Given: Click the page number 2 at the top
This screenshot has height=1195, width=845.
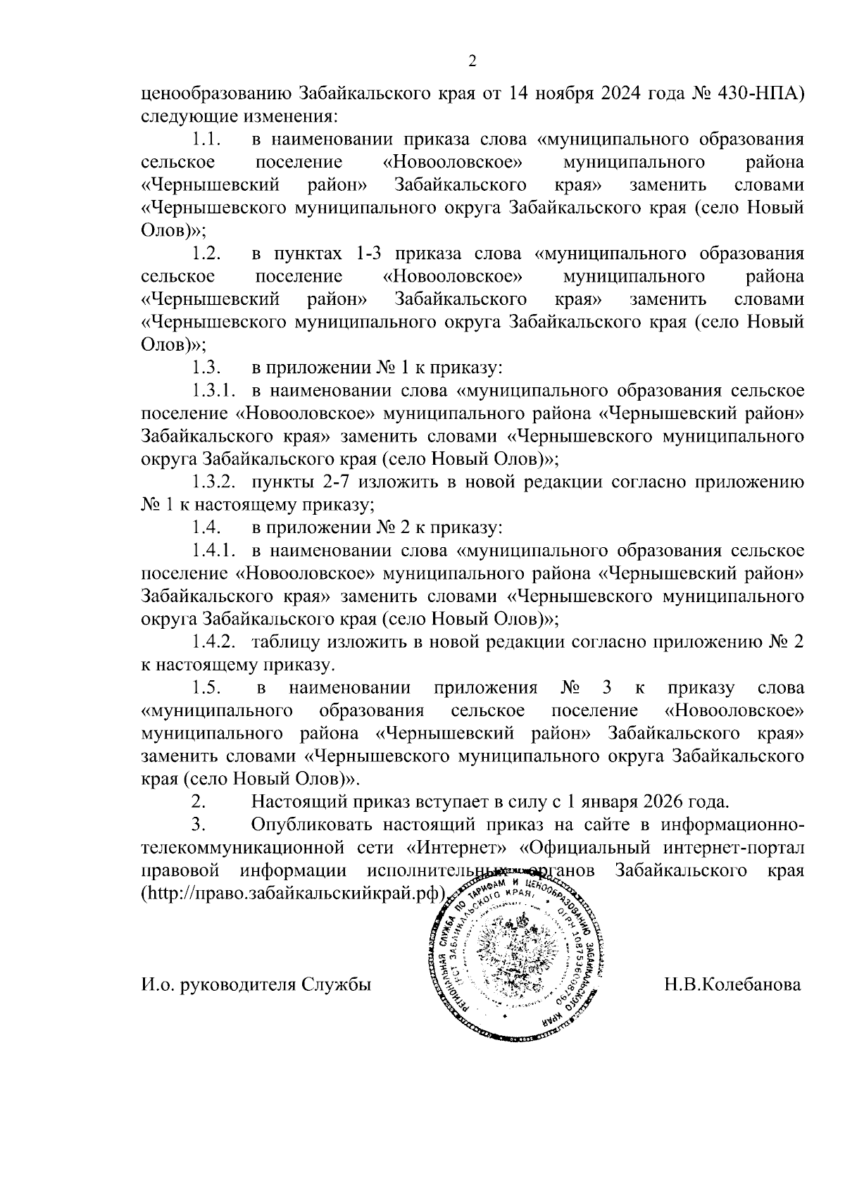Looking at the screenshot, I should tap(472, 61).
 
